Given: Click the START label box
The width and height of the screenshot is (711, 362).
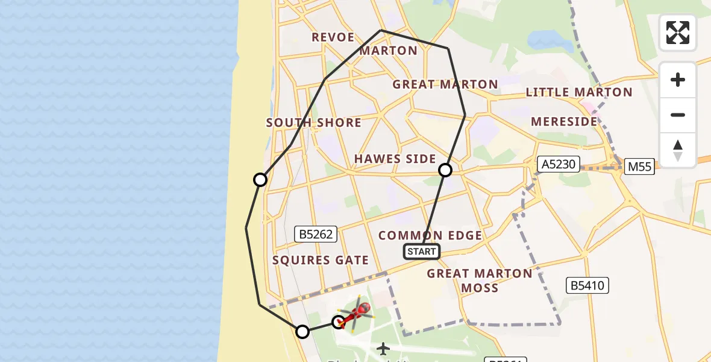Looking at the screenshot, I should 422,252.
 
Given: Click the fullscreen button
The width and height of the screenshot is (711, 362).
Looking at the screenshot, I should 677,33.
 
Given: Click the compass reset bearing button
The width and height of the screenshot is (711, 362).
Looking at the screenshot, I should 677,150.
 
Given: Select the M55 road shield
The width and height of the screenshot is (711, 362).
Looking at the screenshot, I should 639,167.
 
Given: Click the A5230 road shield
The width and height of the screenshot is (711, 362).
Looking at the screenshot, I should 559,164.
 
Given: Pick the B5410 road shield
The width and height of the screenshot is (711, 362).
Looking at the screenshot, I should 588,285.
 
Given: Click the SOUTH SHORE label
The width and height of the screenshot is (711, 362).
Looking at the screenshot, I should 314,122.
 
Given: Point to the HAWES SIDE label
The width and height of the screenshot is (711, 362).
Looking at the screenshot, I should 395,159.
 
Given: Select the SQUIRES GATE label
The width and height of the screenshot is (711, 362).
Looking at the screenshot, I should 321,261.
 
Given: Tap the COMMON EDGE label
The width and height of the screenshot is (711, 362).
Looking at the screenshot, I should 430,235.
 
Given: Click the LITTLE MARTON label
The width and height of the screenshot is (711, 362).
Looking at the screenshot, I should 579,92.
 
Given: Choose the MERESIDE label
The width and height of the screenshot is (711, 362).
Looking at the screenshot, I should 564,121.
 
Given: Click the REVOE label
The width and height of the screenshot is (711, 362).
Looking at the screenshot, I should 333,37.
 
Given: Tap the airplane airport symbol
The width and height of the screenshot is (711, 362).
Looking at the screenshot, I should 383,348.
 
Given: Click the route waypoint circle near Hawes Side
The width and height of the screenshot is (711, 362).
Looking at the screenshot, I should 445,170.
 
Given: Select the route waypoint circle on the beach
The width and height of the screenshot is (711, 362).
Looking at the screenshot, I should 260,180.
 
